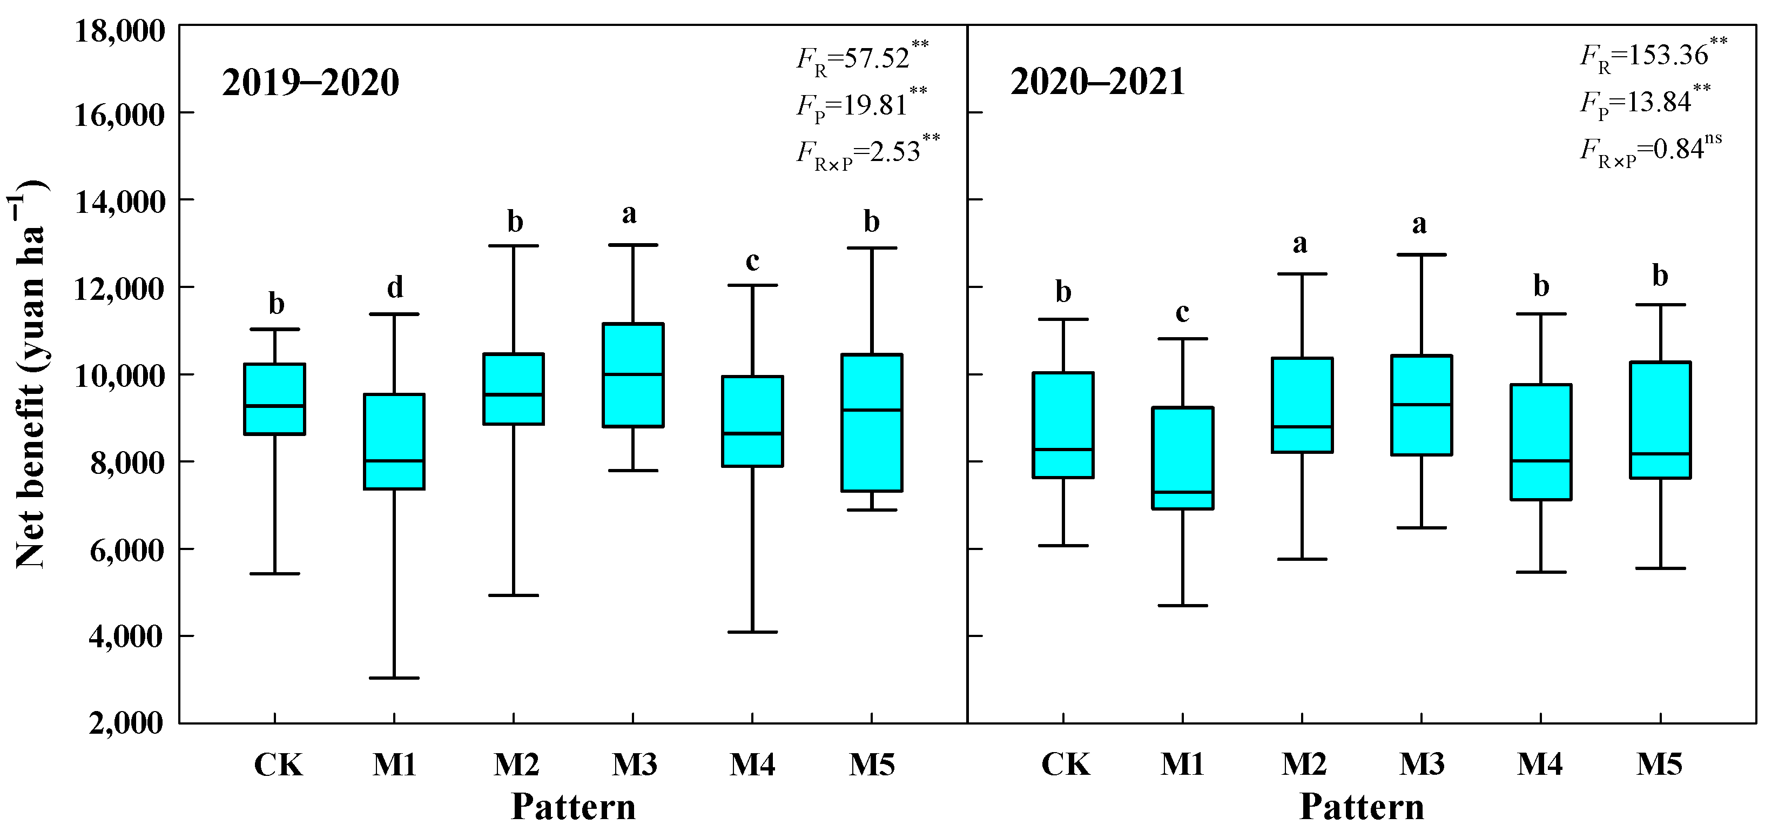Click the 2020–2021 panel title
click(x=1097, y=83)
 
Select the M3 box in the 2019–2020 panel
click(x=632, y=375)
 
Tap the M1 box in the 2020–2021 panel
click(x=1183, y=458)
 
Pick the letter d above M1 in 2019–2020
click(x=395, y=287)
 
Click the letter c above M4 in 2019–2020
click(x=752, y=261)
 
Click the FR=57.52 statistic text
click(x=861, y=58)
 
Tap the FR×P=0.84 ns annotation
click(x=1650, y=149)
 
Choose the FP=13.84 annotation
click(x=1645, y=102)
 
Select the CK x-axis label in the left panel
click(x=278, y=765)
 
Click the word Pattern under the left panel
click(x=574, y=807)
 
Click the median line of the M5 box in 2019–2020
click(x=872, y=410)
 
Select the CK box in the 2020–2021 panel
click(x=1063, y=425)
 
